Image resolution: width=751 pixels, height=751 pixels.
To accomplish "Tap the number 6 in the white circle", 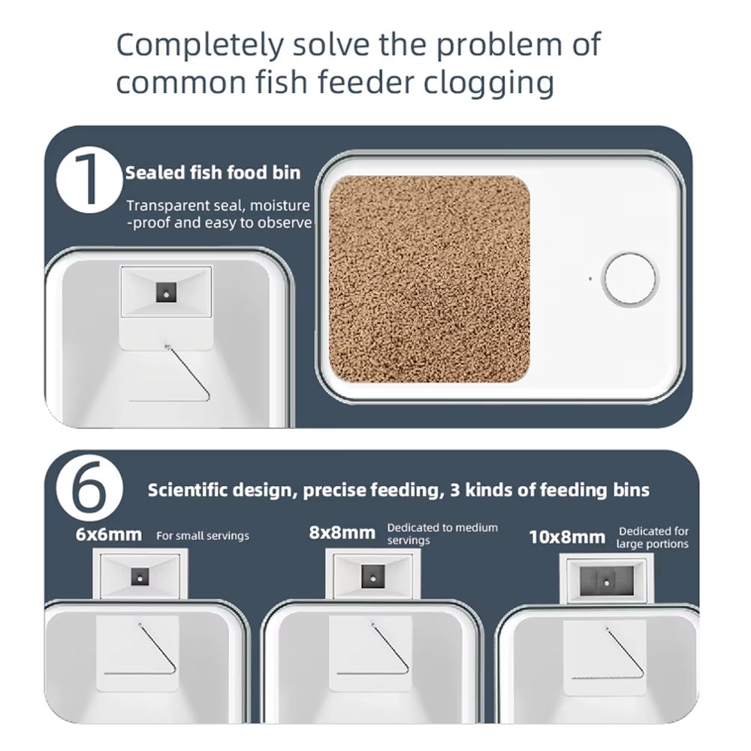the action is point(89,487).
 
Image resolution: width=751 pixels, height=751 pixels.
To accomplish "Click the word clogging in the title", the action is point(489,83).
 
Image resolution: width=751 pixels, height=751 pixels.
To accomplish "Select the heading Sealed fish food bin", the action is point(213,173).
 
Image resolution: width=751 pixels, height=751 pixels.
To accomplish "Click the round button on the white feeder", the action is point(629,279).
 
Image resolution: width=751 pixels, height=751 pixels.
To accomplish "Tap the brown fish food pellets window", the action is point(429,279).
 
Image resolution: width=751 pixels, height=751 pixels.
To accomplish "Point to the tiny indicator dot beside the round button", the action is point(590,279).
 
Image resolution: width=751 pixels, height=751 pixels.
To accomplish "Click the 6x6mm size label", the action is point(109,535).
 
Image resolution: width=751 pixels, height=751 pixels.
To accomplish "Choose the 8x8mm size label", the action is point(342,532).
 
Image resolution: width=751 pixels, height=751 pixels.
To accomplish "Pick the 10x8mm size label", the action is point(567,538).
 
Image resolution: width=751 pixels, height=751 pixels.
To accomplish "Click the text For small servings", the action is point(203,536).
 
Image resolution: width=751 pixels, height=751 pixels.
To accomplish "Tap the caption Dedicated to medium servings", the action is point(442,534).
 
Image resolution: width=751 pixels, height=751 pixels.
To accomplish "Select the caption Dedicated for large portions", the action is point(653,538).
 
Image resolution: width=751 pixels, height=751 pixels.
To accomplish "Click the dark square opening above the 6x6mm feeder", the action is point(140,577).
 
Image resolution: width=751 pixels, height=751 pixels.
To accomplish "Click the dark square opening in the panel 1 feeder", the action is point(166,293).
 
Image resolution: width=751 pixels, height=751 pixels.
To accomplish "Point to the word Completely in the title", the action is point(201,45).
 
